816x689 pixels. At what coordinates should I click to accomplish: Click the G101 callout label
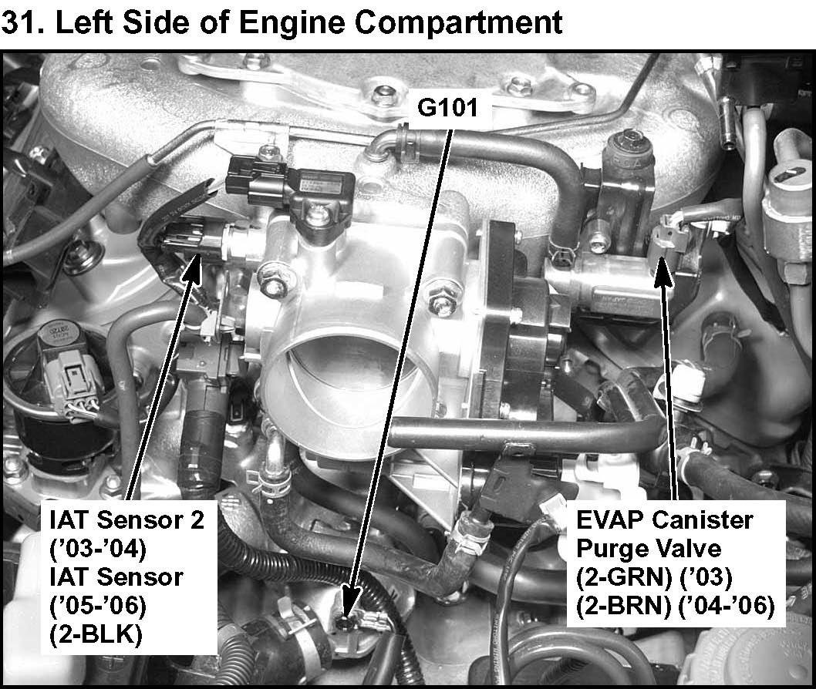[447, 108]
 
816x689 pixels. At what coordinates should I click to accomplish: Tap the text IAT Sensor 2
[127, 519]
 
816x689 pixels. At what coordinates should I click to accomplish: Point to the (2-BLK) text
[96, 634]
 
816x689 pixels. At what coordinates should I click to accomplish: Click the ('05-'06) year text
[98, 606]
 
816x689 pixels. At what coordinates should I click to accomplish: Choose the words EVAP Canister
[665, 520]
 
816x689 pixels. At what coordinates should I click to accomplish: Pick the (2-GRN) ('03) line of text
[654, 577]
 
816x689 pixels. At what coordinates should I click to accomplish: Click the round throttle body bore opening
[347, 371]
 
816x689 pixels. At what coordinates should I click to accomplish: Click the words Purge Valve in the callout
[649, 549]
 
